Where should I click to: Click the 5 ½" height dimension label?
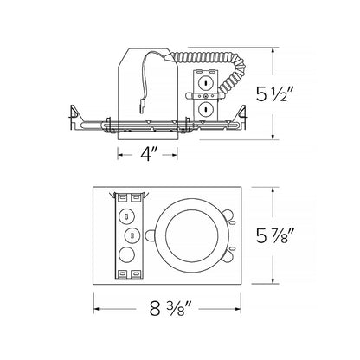pos(274,93)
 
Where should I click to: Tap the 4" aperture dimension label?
pos(149,155)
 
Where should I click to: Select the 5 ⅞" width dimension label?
pos(274,235)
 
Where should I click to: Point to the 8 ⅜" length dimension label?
pos(170,308)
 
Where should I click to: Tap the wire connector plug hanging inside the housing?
pos(142,106)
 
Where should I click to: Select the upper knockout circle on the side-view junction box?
pos(206,83)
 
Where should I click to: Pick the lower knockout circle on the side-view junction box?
pos(206,109)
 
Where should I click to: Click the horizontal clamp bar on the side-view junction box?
pos(205,96)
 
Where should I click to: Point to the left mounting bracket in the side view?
pos(74,119)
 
